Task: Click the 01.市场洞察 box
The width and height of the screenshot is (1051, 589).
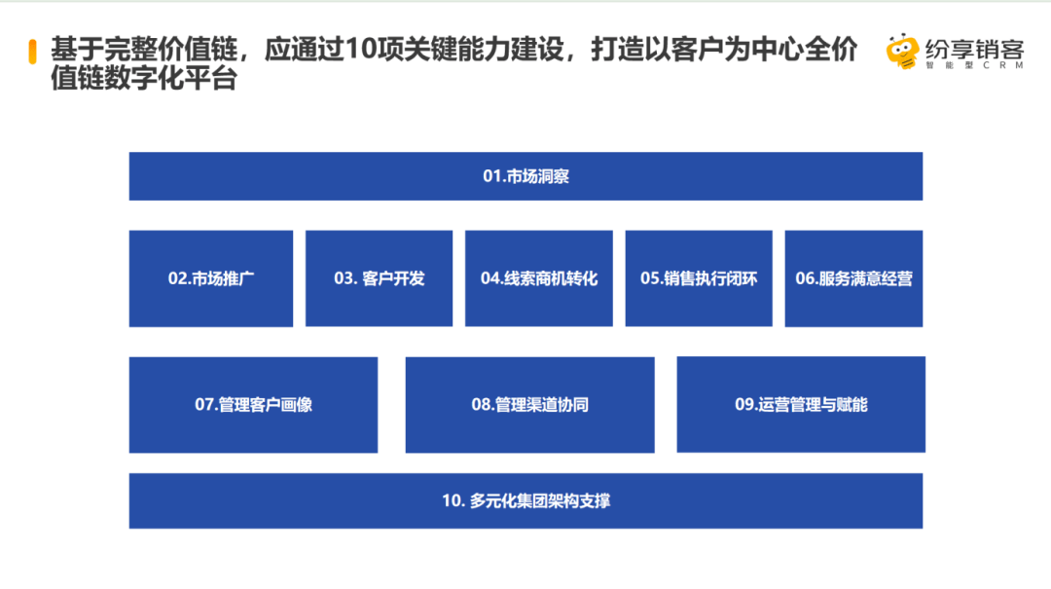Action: [525, 176]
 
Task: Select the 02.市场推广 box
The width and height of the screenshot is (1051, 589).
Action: [211, 278]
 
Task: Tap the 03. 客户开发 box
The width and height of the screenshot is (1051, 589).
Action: [379, 278]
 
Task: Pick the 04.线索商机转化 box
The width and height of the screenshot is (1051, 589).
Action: [539, 278]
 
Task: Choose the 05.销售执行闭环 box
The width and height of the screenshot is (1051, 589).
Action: [699, 278]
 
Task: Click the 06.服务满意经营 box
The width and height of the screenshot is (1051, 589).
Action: [854, 278]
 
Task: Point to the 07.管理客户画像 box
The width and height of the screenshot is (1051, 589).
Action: [253, 405]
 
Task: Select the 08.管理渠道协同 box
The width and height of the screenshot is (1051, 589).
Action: [529, 405]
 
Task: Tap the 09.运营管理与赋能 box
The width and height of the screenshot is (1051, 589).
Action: [801, 405]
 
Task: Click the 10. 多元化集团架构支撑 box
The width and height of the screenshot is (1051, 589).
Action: [525, 501]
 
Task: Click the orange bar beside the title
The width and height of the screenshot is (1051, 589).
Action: [32, 52]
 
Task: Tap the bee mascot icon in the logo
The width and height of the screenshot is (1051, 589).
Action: [902, 51]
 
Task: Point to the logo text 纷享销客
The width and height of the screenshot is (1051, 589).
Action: [974, 49]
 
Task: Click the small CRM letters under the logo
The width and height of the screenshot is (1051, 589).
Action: [1003, 66]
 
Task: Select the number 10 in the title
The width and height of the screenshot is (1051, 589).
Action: [362, 50]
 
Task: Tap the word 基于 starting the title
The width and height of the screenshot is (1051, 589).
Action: [77, 50]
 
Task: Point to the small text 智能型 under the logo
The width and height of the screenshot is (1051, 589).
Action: [949, 66]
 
